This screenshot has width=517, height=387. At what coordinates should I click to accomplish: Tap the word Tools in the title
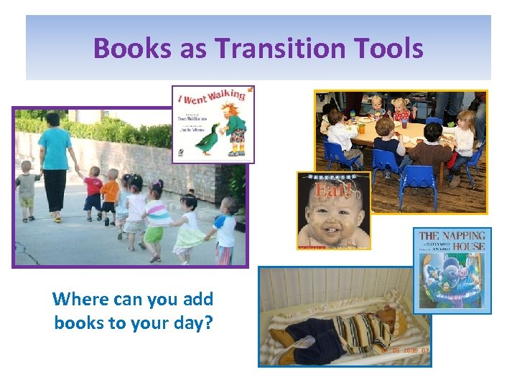pos(393,49)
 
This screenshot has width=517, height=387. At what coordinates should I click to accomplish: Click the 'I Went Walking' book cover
pos(213,124)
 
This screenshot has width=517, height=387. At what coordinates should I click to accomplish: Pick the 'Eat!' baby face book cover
pos(334,211)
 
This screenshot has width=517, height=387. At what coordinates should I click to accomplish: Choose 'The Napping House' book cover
pos(452,270)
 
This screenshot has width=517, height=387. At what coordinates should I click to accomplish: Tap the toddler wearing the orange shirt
pos(109,193)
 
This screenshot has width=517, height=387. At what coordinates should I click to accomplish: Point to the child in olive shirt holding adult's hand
pos(27,190)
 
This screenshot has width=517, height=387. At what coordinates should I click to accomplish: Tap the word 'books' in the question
pos(78,322)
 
